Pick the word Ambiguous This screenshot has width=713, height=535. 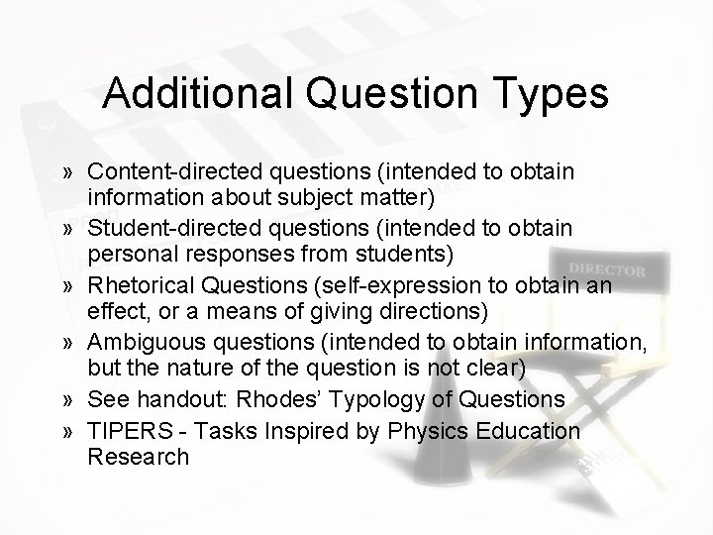(x=137, y=343)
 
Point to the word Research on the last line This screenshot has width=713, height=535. (x=138, y=457)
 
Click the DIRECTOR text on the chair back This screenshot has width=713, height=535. (x=607, y=269)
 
